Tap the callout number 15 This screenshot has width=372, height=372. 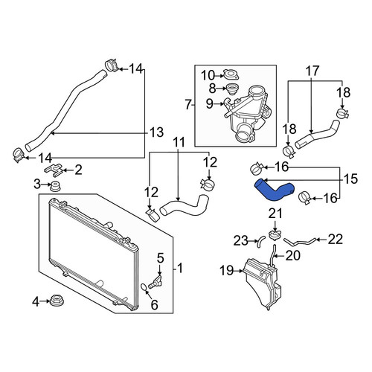click(350, 179)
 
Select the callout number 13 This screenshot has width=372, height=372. click(157, 132)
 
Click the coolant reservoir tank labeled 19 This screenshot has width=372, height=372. click(263, 283)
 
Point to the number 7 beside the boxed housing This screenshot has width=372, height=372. click(188, 105)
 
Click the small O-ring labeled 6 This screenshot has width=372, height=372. click(144, 287)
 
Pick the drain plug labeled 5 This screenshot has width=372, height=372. click(155, 281)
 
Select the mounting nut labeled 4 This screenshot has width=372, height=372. click(55, 301)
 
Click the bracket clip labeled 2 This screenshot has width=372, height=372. click(54, 170)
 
